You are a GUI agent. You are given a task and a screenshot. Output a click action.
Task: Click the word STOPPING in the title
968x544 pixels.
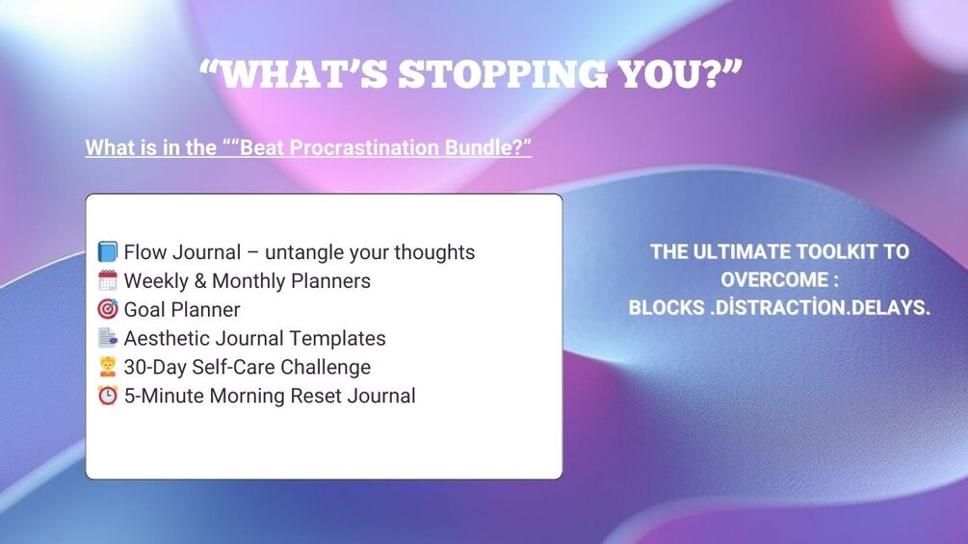tap(503, 74)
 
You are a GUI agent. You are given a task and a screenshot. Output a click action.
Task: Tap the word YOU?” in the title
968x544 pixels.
tap(679, 74)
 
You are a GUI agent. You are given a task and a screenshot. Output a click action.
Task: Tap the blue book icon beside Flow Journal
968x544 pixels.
tap(108, 251)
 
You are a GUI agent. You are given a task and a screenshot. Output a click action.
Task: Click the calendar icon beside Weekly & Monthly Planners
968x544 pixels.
tap(108, 280)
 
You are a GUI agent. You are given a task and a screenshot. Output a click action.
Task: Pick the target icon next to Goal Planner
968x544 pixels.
tap(108, 308)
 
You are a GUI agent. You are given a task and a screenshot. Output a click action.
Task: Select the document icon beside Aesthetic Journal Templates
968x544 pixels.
tap(108, 337)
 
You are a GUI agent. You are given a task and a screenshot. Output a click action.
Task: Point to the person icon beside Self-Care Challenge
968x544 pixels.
tap(108, 367)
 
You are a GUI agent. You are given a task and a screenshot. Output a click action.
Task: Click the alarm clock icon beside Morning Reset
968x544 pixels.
tap(108, 395)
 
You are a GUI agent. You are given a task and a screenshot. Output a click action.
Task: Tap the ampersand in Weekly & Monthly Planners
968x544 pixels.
tap(200, 281)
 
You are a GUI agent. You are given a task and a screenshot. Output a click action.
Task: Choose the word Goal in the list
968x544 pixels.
tap(145, 310)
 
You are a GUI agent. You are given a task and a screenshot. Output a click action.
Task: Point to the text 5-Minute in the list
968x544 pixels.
tap(164, 396)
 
